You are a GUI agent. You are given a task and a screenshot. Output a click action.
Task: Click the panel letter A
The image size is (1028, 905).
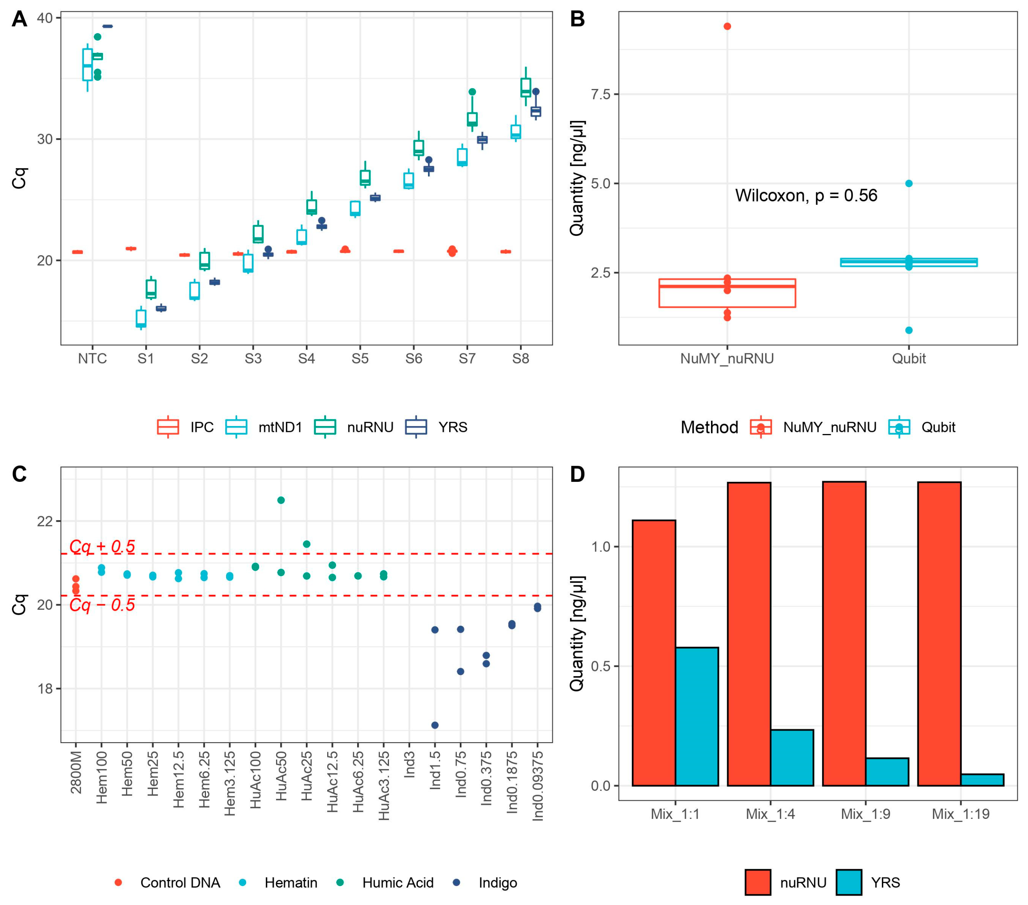tap(19, 19)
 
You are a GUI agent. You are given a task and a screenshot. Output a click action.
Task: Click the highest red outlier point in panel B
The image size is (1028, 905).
tap(727, 26)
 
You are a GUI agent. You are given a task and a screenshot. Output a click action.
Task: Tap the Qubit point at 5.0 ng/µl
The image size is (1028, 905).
tap(909, 184)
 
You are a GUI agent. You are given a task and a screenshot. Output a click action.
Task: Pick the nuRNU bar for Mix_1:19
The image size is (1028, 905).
tap(939, 633)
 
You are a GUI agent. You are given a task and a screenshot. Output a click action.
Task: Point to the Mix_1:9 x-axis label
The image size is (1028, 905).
tap(865, 814)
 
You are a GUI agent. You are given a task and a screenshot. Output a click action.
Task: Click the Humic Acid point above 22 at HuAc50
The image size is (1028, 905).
tap(281, 500)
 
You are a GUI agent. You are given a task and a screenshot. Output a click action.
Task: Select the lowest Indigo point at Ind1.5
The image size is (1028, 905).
tap(435, 725)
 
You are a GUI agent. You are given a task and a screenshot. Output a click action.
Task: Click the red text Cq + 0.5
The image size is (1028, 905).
tap(102, 547)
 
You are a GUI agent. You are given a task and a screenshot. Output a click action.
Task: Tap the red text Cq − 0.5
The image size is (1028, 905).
tap(102, 605)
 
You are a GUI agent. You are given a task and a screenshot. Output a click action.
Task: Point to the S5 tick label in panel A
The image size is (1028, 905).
tap(360, 358)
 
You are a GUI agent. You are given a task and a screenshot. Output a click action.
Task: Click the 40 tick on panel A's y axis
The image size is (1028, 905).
tap(45, 18)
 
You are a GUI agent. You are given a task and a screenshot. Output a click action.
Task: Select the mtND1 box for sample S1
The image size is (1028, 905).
tap(141, 319)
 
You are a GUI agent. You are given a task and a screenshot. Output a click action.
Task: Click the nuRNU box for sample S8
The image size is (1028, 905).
tap(526, 88)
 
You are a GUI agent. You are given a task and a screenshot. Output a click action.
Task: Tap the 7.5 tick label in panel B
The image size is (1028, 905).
tap(600, 95)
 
